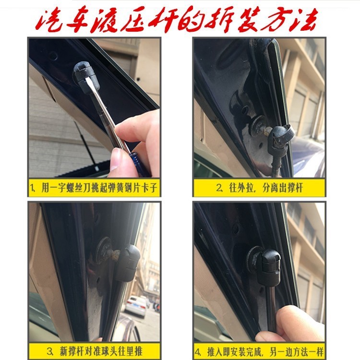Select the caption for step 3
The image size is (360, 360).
(95, 349)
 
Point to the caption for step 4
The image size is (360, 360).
(260, 349)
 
